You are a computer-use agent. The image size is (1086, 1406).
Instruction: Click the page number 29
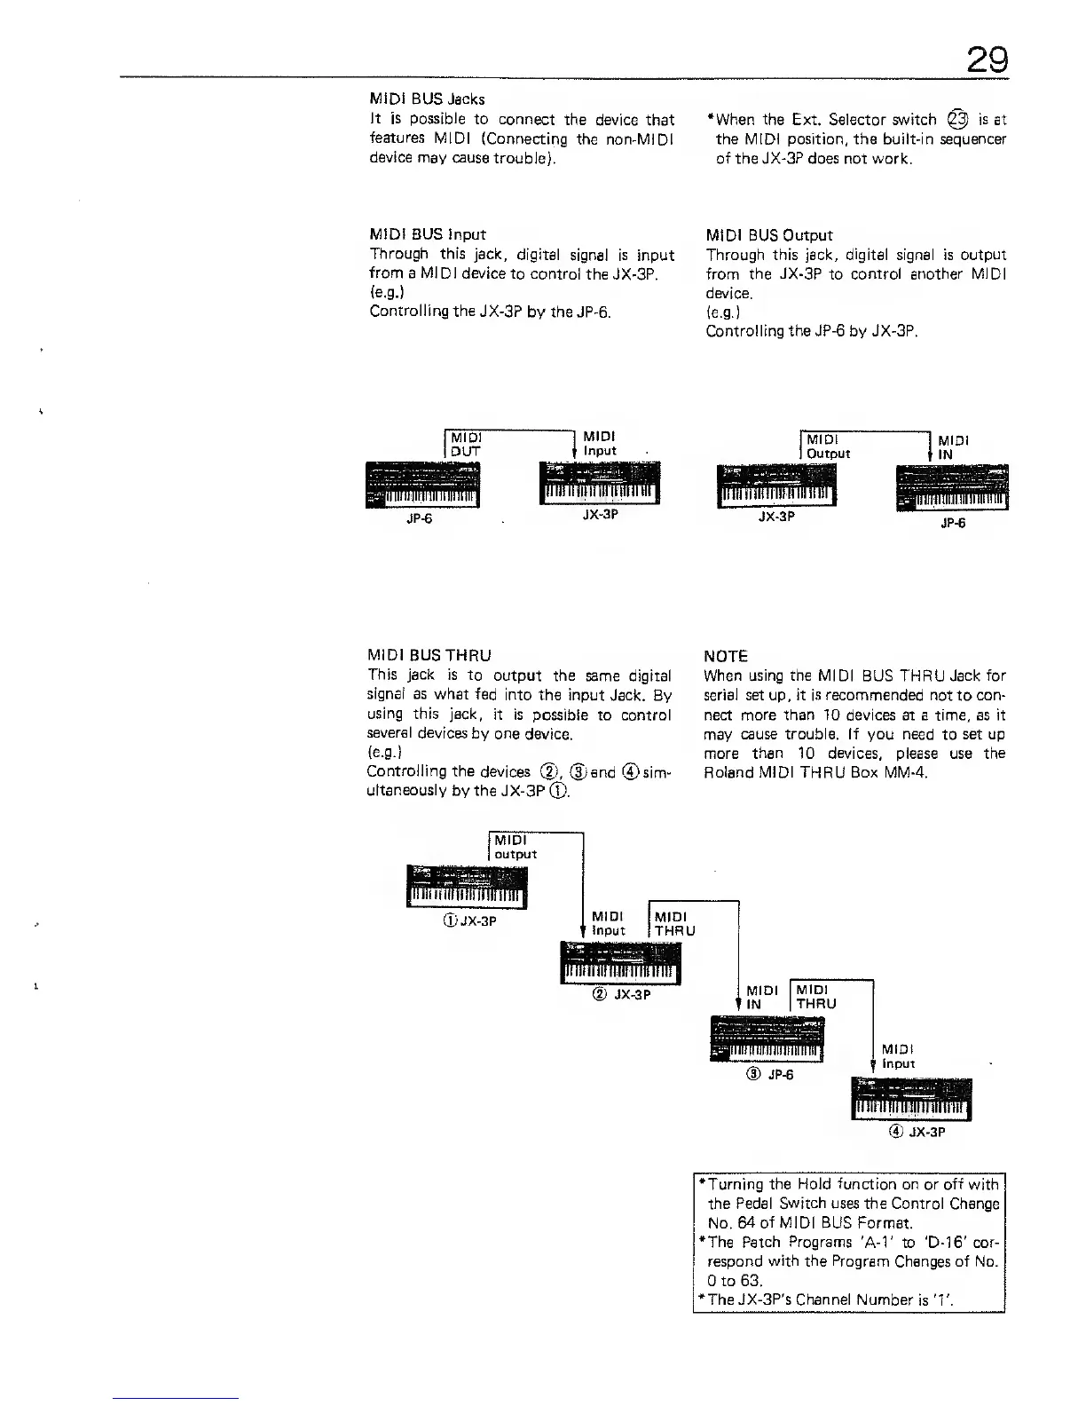pyautogui.click(x=987, y=60)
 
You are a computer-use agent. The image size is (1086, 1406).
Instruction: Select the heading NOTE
pyautogui.click(x=725, y=656)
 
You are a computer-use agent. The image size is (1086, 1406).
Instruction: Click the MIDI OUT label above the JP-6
pyautogui.click(x=466, y=444)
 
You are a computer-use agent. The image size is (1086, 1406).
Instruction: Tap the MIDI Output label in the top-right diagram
pyautogui.click(x=828, y=446)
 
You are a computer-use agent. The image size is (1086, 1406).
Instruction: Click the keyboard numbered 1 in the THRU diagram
pyautogui.click(x=467, y=888)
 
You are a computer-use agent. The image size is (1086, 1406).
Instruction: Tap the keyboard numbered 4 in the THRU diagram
pyautogui.click(x=911, y=1100)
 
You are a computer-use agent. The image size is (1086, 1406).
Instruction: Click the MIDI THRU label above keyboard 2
pyautogui.click(x=674, y=923)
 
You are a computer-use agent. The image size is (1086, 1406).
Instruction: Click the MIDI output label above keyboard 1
pyautogui.click(x=515, y=847)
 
